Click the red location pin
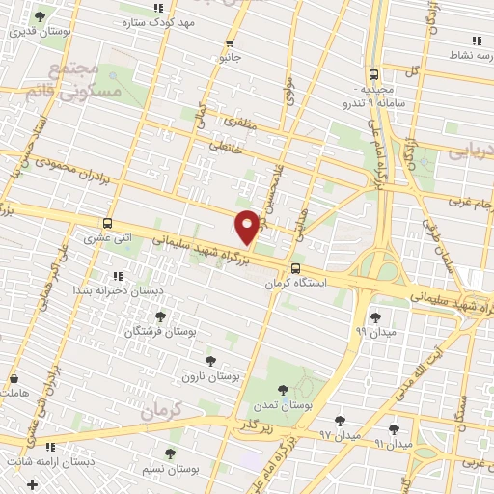[x=247, y=226]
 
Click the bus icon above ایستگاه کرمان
[x=295, y=242]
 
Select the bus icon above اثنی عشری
[x=107, y=222]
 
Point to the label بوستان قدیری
[x=36, y=31]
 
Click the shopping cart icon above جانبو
[x=230, y=42]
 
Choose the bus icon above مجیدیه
[x=373, y=74]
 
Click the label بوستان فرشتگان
[x=160, y=330]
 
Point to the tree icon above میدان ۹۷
[x=340, y=420]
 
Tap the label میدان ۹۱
[x=392, y=444]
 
